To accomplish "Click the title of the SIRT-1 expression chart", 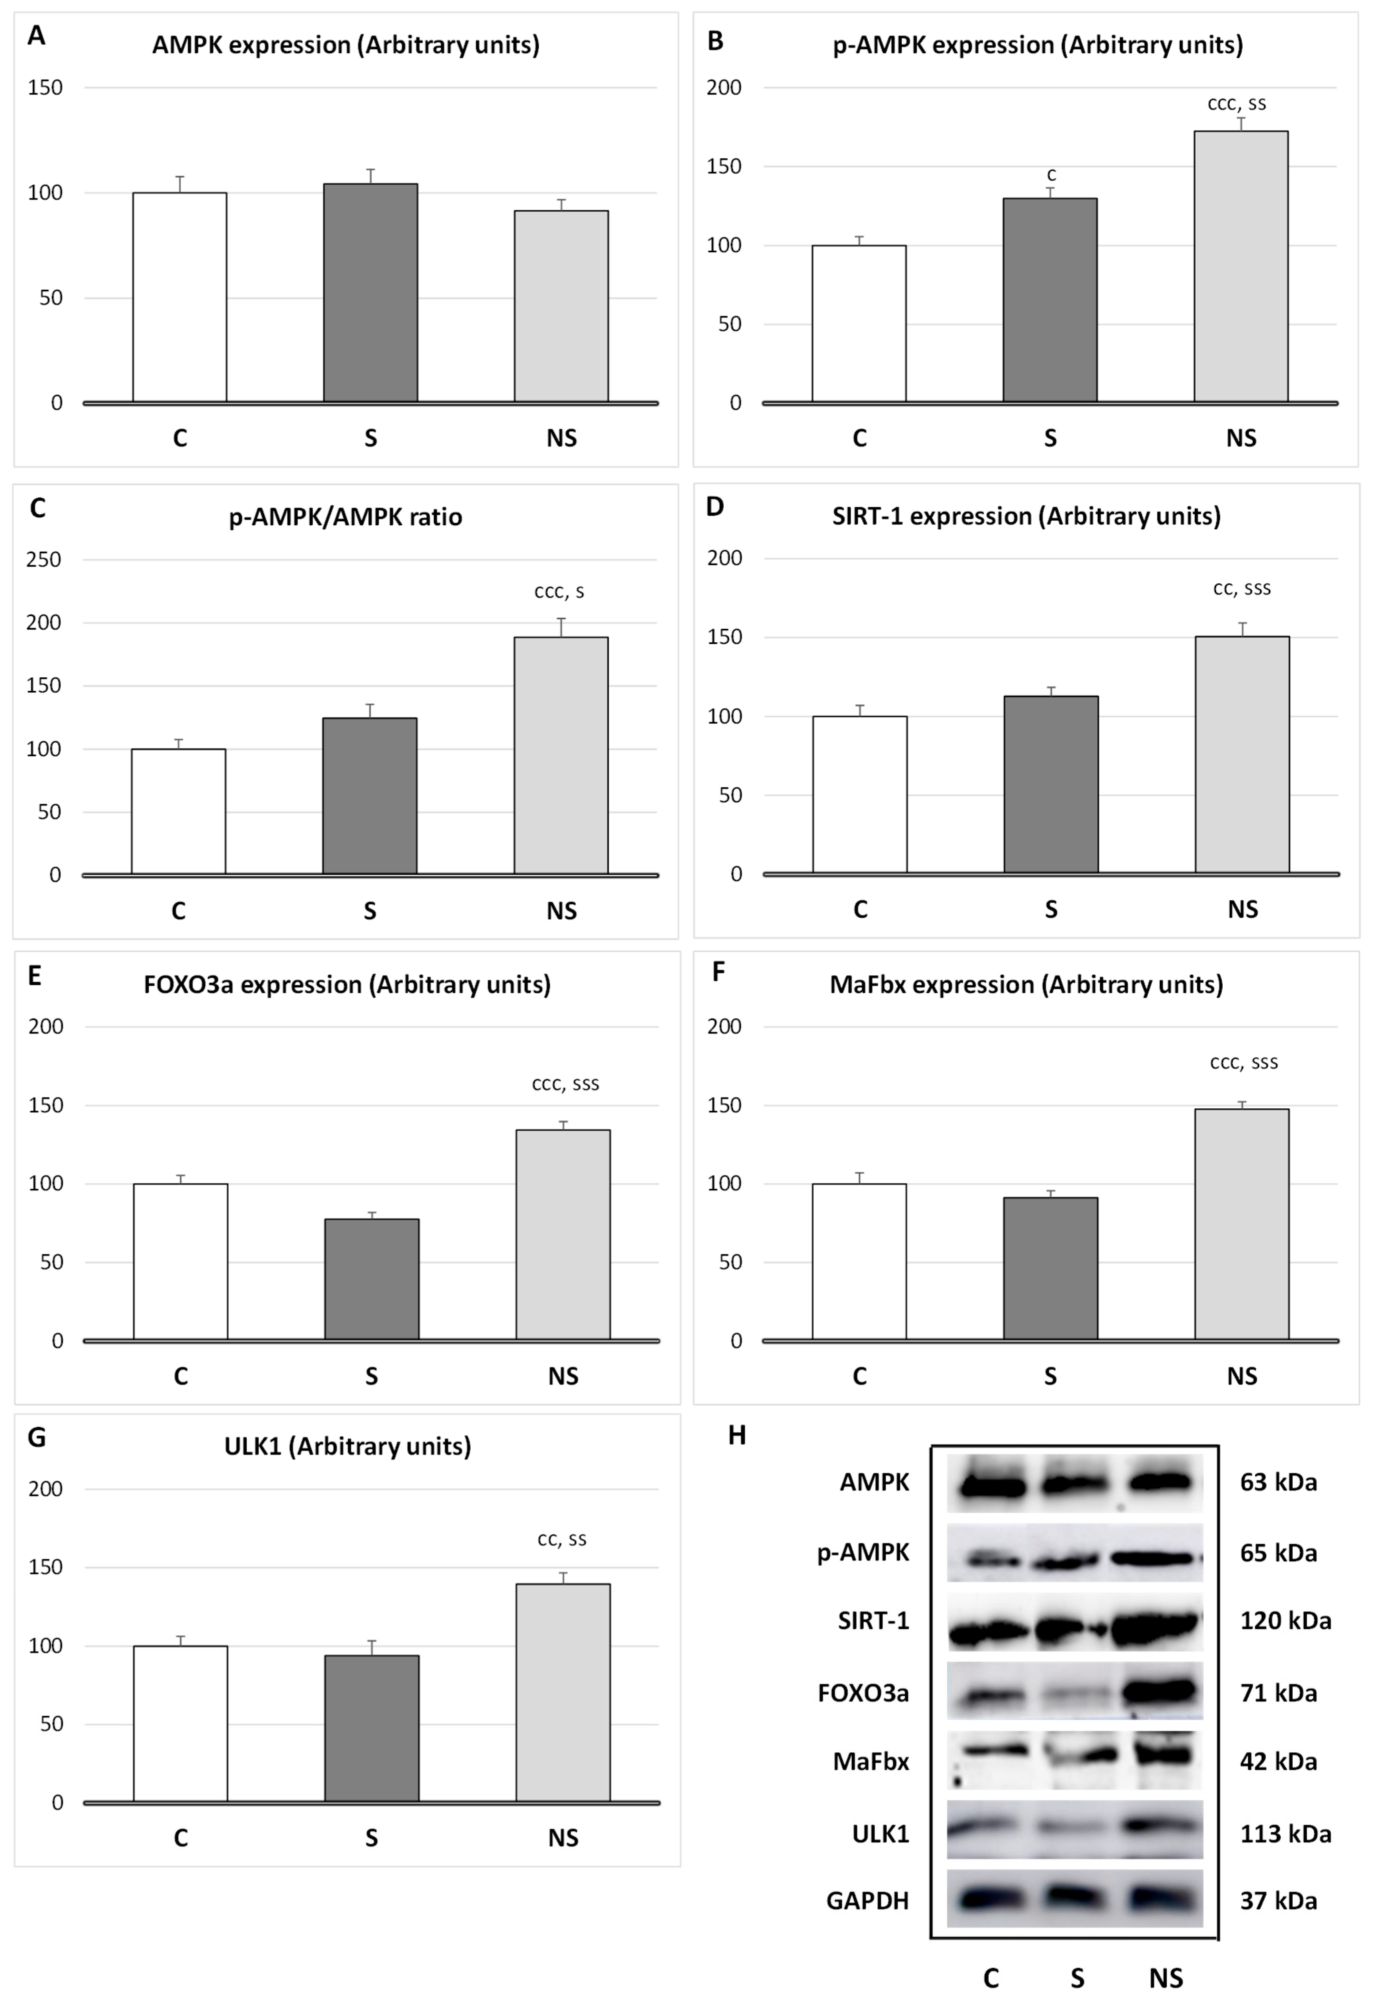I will (x=1026, y=516).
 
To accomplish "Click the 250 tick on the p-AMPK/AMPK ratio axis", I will (x=44, y=560).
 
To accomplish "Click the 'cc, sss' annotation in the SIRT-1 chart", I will (x=1241, y=589).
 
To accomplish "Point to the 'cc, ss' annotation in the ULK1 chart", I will (x=562, y=1539).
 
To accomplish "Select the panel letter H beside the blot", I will (x=736, y=1435).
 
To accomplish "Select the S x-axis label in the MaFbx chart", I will (x=1050, y=1377).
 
